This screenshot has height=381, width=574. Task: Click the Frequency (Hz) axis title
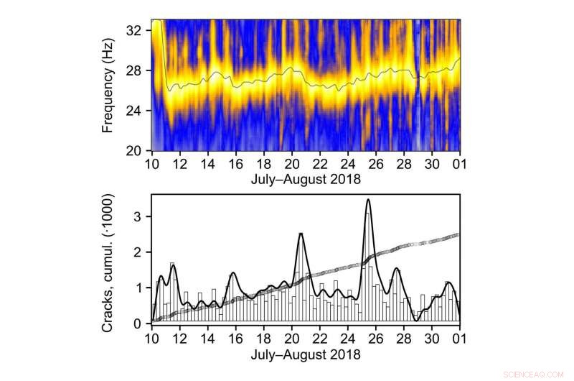108,85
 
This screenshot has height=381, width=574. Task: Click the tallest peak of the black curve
368,199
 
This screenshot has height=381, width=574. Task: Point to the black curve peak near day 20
301,233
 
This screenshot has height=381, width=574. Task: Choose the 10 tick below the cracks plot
151,337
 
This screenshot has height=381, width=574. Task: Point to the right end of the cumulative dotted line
458,234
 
